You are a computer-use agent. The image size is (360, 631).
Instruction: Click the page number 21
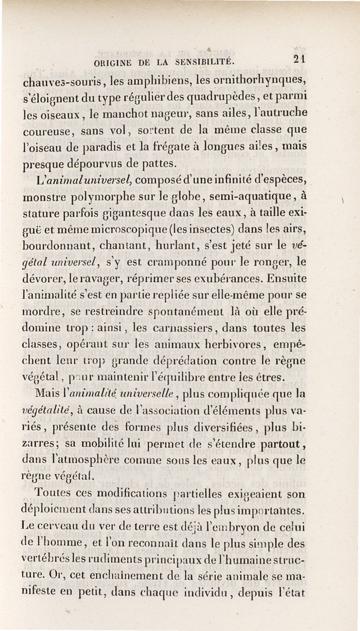coord(298,59)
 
